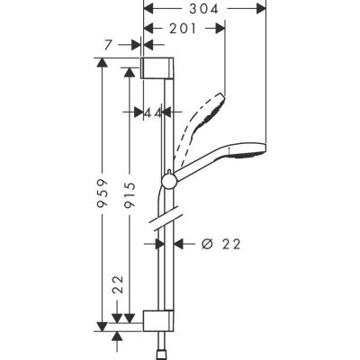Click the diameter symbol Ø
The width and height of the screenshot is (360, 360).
[208, 243]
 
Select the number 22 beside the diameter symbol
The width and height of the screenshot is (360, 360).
[232, 243]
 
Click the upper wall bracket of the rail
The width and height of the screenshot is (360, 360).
[157, 68]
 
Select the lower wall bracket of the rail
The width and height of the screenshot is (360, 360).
[156, 319]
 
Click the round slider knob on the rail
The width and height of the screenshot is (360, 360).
[168, 184]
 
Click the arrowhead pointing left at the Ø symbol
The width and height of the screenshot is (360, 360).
[178, 243]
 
